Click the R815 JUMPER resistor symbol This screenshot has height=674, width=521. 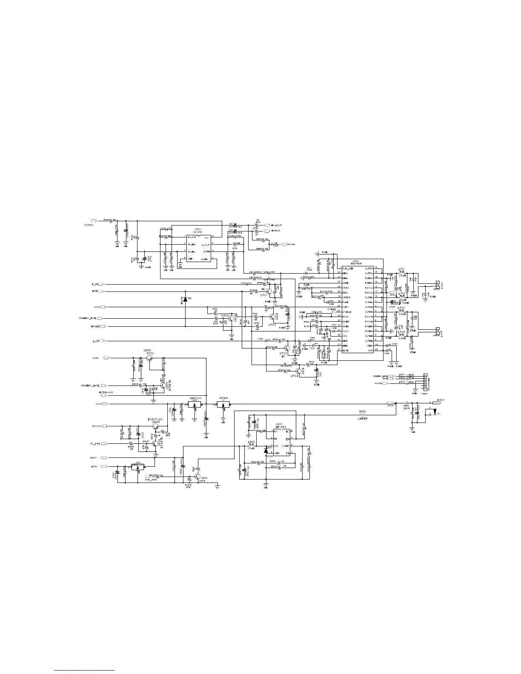coord(363,415)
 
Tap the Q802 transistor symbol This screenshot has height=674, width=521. coord(197,477)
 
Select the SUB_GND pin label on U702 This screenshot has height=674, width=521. coord(348,268)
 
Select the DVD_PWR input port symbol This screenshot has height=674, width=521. coord(147,475)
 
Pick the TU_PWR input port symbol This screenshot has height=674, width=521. coord(107,444)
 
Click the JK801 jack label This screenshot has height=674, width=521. coord(440,400)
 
